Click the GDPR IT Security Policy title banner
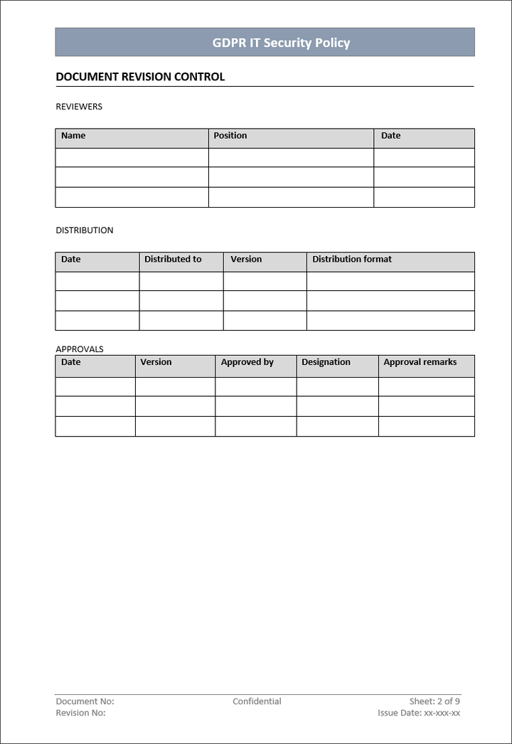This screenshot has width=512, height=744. click(x=281, y=43)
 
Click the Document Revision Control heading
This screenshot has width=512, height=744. click(x=140, y=77)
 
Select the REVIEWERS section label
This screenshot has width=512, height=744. click(x=79, y=107)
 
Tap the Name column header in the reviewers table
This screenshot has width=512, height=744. click(x=73, y=136)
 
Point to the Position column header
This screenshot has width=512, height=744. click(x=230, y=136)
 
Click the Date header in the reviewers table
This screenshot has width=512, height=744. click(x=390, y=136)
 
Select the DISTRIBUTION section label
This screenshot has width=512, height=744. click(x=85, y=230)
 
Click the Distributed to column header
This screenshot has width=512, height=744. click(x=173, y=260)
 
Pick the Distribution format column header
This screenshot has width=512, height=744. click(x=352, y=260)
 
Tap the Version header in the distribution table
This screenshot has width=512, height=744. click(x=246, y=260)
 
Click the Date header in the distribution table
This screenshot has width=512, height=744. click(x=71, y=260)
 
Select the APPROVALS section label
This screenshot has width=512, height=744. click(x=80, y=349)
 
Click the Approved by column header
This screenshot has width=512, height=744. click(x=247, y=362)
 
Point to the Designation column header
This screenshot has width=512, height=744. click(x=326, y=362)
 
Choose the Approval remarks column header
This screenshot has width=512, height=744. click(x=420, y=362)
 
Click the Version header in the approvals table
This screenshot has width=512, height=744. click(x=156, y=362)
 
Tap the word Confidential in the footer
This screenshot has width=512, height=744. click(x=257, y=701)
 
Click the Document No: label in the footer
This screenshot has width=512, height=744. click(x=85, y=701)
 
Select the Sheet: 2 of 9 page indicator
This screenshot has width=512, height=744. click(x=434, y=701)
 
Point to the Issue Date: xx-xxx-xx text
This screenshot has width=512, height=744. click(x=419, y=713)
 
